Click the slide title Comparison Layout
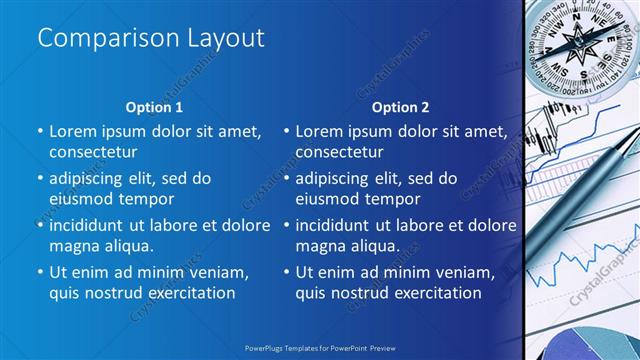pyautogui.click(x=150, y=38)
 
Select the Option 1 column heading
pyautogui.click(x=154, y=107)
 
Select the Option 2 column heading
pyautogui.click(x=400, y=107)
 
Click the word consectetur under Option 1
pyautogui.click(x=93, y=152)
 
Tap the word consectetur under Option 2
pyautogui.click(x=339, y=152)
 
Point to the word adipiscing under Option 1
pyautogui.click(x=90, y=178)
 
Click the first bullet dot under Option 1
pyautogui.click(x=39, y=131)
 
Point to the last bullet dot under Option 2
pyautogui.click(x=285, y=272)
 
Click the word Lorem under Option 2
pyautogui.click(x=318, y=131)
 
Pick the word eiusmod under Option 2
pyautogui.click(x=328, y=198)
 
